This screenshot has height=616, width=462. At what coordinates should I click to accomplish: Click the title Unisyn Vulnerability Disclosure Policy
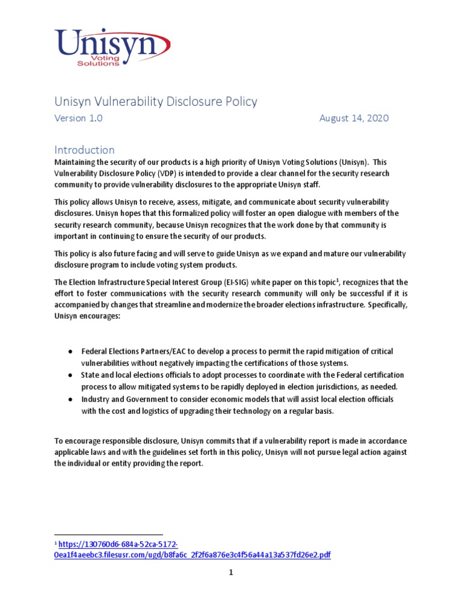point(156,101)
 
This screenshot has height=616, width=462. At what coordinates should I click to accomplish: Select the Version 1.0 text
point(78,119)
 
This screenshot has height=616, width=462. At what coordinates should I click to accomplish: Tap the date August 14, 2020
point(354,119)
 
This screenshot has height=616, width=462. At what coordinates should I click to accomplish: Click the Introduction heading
point(84,150)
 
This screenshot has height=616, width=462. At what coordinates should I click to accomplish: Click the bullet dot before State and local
point(70,375)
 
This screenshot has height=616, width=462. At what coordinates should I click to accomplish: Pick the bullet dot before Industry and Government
point(70,399)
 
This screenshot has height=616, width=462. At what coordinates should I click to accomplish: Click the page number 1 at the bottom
point(230,573)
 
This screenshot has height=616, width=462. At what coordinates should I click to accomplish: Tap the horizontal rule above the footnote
point(108,534)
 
